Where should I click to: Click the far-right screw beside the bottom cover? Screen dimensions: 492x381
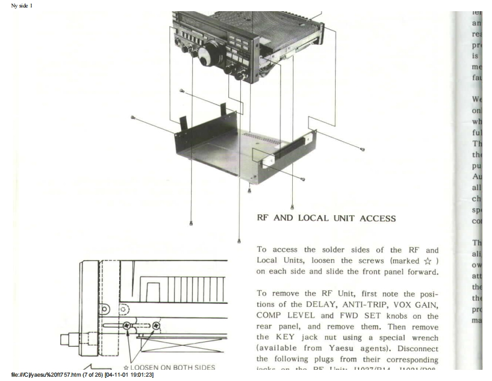click(362, 149)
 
